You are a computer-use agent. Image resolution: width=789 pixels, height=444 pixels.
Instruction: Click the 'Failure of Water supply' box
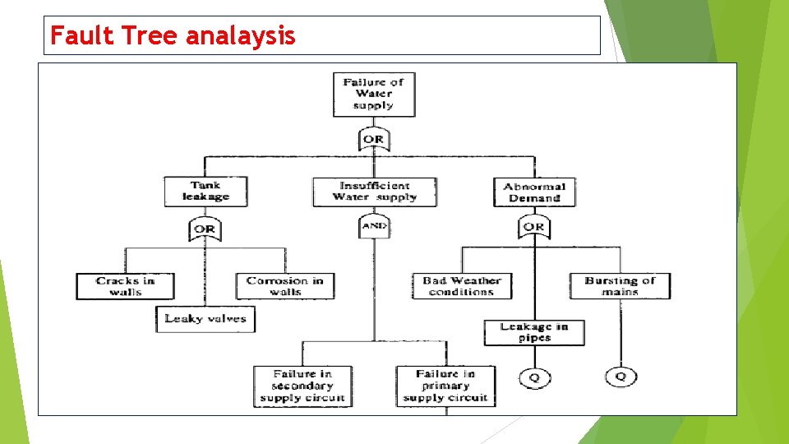coord(374,94)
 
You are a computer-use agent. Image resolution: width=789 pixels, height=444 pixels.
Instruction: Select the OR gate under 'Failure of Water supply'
coord(374,139)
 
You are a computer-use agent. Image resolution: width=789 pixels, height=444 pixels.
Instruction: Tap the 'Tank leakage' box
coord(205,191)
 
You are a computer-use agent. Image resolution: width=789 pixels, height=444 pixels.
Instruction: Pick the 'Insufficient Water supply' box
coord(375,191)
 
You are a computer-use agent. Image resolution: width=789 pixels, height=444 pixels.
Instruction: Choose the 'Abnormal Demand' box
coord(534,192)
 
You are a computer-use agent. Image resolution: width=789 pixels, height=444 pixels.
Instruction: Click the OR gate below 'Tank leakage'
coord(205,228)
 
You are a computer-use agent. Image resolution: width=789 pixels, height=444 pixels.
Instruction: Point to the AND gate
coord(375,225)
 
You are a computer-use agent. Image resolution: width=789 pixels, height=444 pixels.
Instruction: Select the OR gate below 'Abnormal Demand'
coord(534,226)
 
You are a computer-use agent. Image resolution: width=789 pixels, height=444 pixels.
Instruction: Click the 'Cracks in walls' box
coord(124,286)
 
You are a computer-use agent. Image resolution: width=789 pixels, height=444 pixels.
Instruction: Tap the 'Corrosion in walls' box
coord(285,286)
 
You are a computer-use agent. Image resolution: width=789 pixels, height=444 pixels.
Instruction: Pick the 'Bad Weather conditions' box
coord(461,286)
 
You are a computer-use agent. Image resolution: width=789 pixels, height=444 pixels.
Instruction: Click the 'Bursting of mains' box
coord(620,286)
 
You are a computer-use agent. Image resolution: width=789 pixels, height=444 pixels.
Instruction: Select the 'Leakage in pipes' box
coord(534,332)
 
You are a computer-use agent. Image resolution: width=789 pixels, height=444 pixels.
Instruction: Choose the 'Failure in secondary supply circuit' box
coord(302,386)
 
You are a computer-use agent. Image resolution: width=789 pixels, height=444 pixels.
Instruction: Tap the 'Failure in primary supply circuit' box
coord(445,386)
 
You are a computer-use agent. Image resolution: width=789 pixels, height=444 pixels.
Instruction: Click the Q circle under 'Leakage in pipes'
coord(534,377)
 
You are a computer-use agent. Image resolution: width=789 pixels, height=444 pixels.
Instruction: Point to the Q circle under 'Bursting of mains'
coord(621,377)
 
